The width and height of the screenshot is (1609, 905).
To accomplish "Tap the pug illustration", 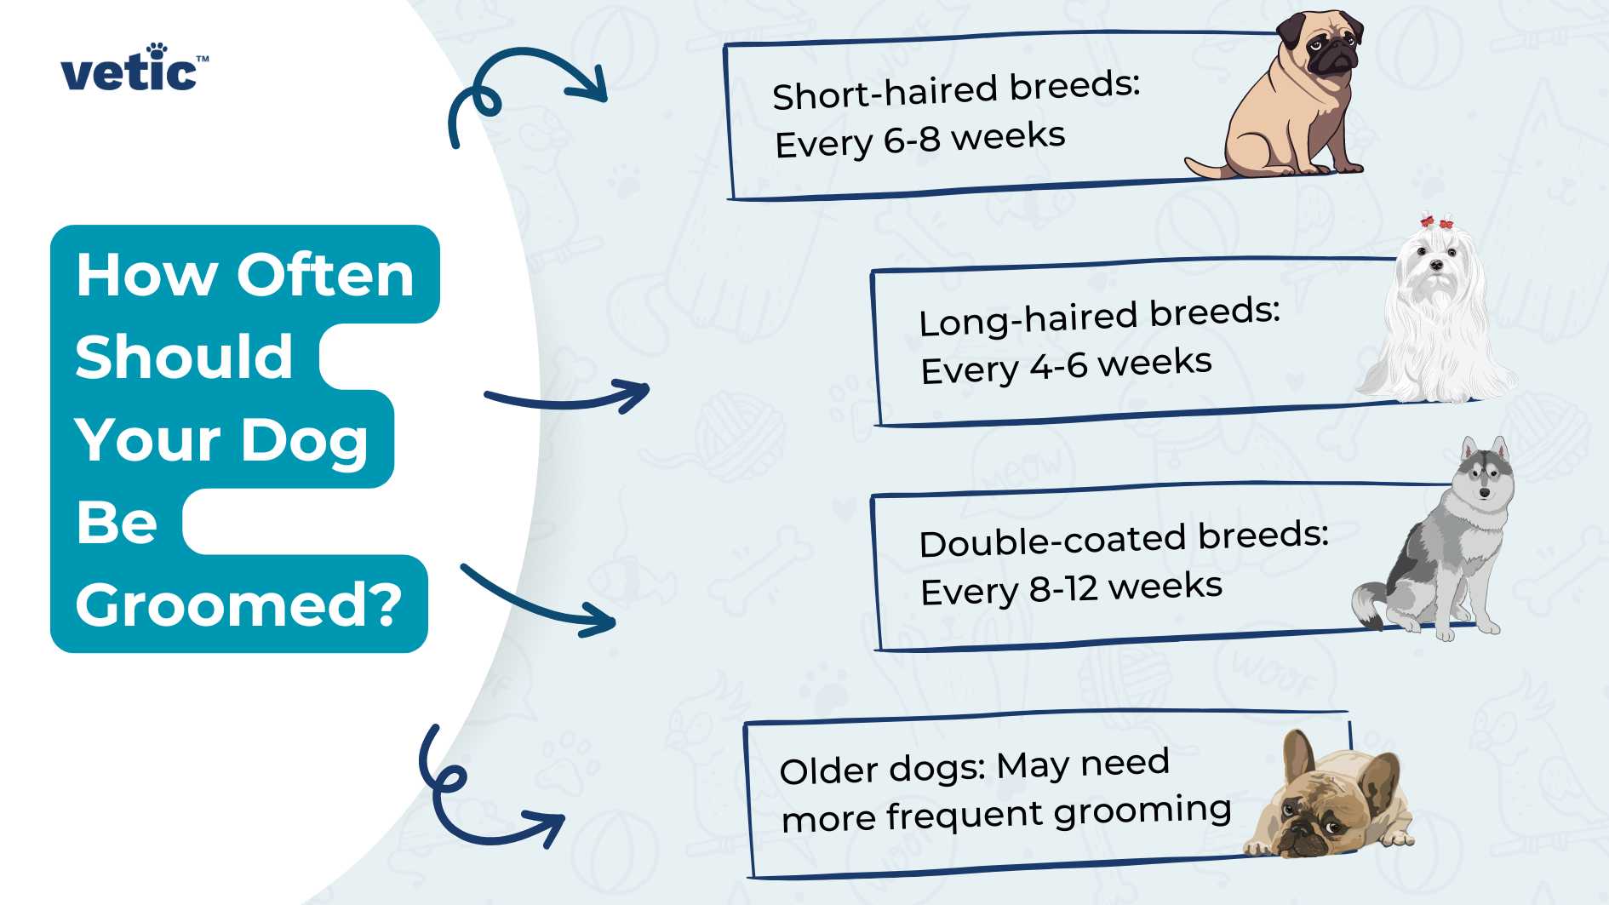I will point(1285,102).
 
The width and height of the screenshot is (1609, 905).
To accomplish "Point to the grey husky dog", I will point(1447,545).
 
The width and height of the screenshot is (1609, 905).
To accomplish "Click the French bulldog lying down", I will point(1328,800).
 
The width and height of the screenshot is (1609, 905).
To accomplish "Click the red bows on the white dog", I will point(1437,222).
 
